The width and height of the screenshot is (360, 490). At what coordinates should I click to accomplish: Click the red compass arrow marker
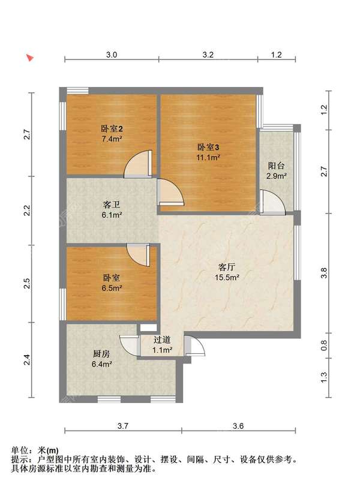(30, 58)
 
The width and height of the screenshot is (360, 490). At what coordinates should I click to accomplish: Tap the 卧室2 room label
(112, 128)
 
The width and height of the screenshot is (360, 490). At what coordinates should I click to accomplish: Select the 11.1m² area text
(208, 157)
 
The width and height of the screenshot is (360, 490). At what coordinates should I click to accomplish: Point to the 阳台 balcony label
(276, 166)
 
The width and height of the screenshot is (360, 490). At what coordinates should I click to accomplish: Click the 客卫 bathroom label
(112, 205)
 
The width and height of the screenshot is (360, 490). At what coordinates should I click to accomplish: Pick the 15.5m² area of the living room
(227, 277)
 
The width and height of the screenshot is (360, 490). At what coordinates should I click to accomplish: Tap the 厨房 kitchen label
(101, 354)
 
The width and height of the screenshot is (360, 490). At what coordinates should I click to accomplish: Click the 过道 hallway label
(162, 339)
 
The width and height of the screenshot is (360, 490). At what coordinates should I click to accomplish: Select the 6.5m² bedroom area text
(112, 288)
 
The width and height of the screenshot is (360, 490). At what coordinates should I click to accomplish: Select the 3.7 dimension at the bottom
(123, 426)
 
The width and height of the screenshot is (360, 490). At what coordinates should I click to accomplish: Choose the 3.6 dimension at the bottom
(238, 426)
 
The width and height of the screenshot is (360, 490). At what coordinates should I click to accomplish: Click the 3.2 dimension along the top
(208, 55)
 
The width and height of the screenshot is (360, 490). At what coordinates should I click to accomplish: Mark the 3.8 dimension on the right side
(324, 273)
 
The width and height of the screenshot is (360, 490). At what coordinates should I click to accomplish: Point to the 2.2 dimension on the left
(28, 210)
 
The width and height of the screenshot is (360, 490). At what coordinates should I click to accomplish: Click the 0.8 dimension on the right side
(324, 345)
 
